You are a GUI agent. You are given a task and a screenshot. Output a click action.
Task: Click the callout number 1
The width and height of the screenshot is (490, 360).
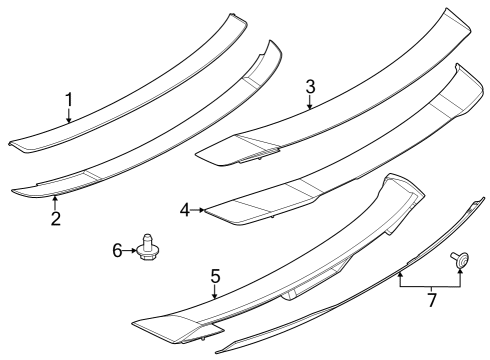pos(69,99)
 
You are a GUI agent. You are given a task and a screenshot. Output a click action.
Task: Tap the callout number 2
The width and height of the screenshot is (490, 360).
pos(56,218)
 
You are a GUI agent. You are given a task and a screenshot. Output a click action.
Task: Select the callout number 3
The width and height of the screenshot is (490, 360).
pos(310,87)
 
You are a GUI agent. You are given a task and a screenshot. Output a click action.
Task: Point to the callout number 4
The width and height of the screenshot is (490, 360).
pos(185,210)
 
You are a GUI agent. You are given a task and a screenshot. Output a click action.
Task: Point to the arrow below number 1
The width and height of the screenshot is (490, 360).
pos(69,117)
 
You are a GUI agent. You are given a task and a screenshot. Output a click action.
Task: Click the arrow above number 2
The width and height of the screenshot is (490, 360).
pos(56,201)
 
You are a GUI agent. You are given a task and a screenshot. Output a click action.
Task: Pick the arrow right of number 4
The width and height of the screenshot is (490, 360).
pos(200,210)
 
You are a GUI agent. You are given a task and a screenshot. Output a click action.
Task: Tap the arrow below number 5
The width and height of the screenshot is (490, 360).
pos(214,293)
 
